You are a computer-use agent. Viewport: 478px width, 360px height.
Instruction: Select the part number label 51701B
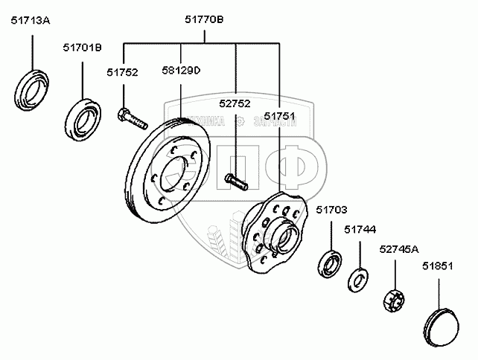[82, 48]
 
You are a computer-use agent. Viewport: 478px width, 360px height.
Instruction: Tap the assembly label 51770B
[203, 22]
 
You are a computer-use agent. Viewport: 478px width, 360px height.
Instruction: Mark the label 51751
[279, 116]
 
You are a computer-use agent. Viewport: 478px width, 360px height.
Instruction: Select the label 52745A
[399, 249]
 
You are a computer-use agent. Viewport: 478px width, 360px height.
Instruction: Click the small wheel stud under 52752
[235, 179]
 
